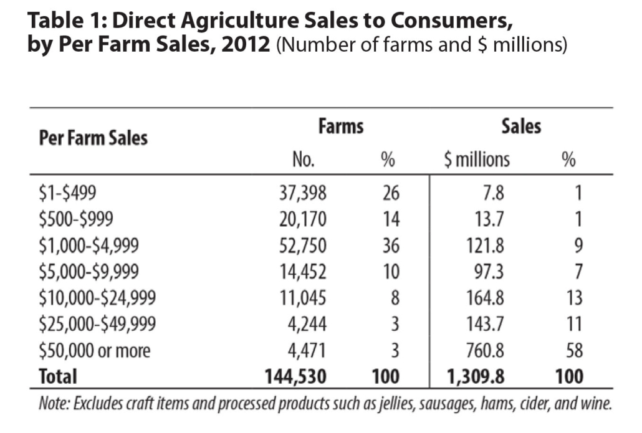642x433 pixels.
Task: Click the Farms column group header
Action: click(340, 126)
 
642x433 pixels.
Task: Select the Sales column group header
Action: click(521, 126)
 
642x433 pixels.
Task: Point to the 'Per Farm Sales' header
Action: click(93, 137)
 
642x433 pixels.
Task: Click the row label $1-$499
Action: click(67, 193)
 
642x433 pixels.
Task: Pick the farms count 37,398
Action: click(302, 193)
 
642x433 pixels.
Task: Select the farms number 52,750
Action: click(302, 245)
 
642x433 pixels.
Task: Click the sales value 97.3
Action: click(489, 272)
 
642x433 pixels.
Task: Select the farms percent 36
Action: click(390, 245)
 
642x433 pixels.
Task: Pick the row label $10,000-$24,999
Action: click(97, 298)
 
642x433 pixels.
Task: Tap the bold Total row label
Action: click(58, 376)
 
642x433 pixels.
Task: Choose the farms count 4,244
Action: click(307, 324)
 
